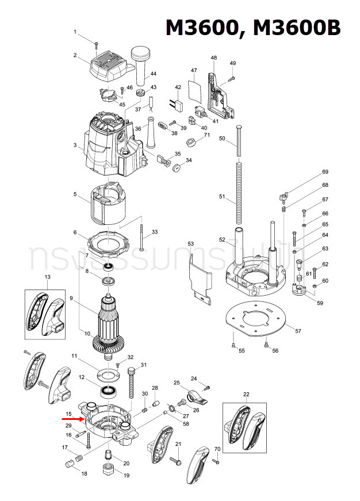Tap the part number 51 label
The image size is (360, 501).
(222, 196)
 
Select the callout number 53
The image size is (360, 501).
(191, 244)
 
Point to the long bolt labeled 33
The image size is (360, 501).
(140, 235)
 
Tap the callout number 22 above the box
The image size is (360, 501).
(246, 394)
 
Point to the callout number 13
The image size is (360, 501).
(48, 277)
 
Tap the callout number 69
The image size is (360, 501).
(325, 172)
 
